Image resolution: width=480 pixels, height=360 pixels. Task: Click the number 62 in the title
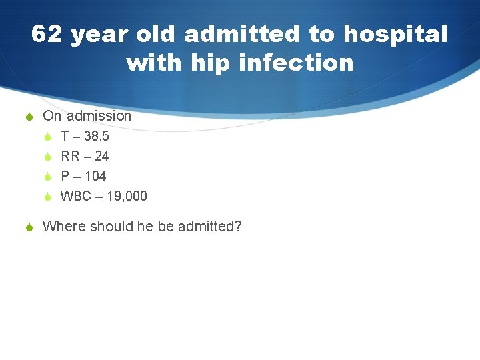click(x=47, y=35)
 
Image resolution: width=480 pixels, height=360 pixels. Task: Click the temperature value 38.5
click(x=97, y=136)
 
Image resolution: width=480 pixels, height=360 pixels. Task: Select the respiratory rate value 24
click(x=102, y=156)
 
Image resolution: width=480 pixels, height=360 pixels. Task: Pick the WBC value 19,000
click(x=125, y=196)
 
